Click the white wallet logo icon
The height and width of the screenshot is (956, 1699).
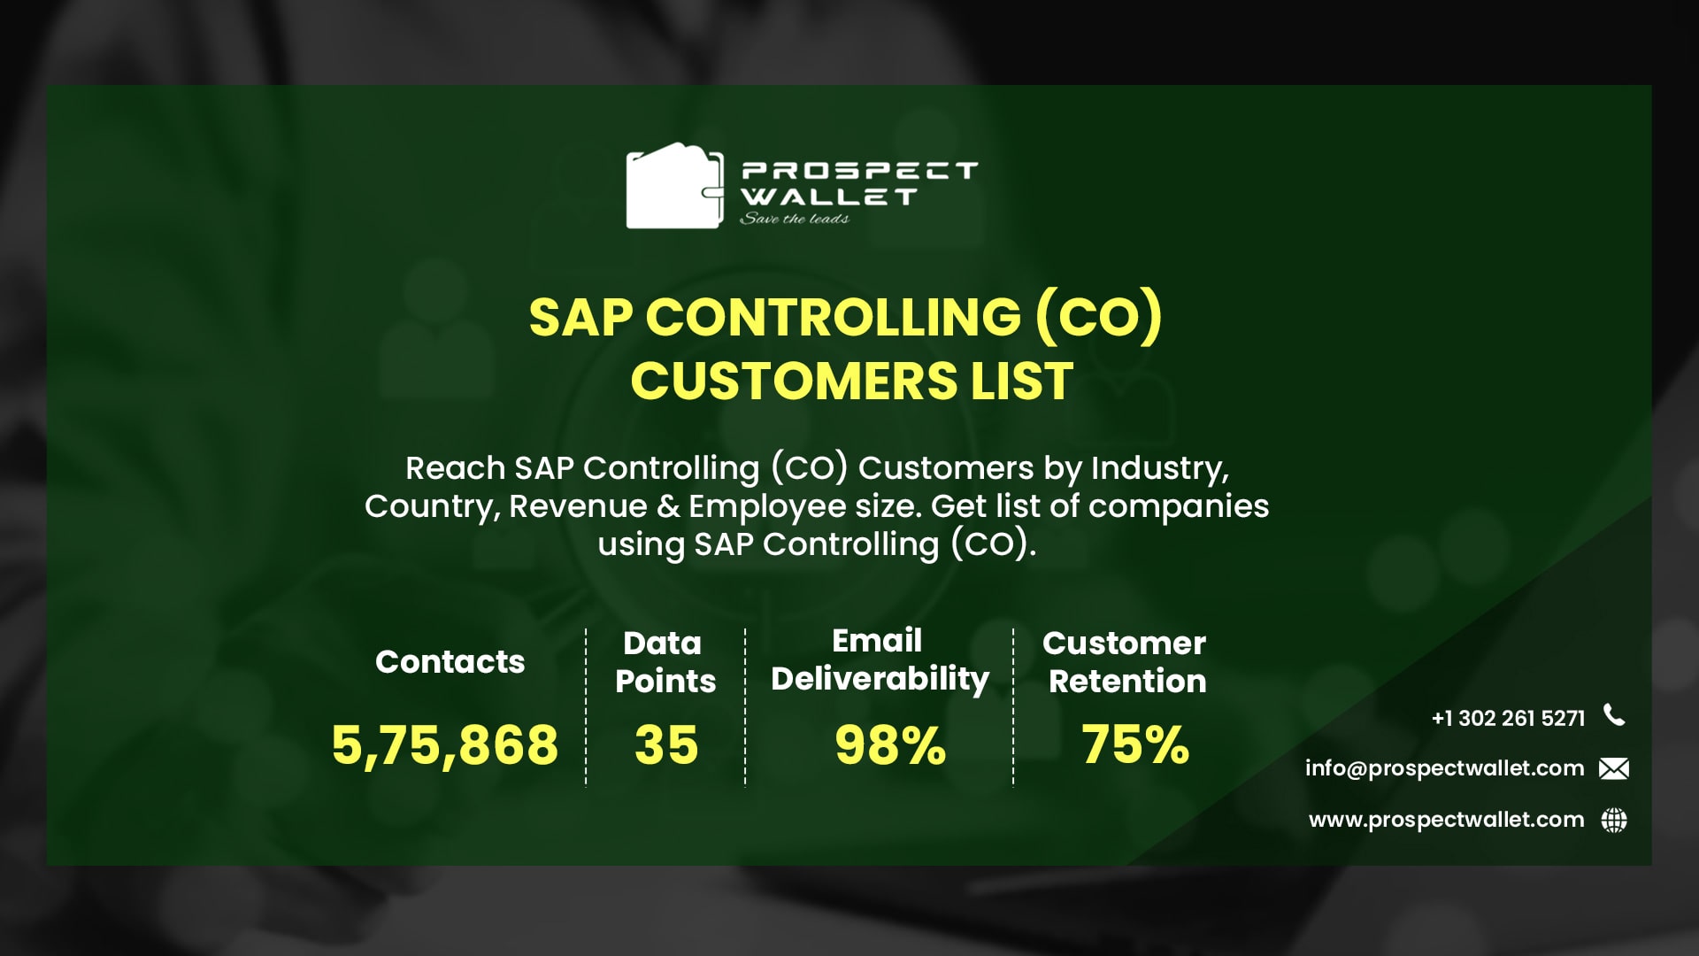673,186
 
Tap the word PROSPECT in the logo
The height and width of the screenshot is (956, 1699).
858,170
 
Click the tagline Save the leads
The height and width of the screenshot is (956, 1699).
794,219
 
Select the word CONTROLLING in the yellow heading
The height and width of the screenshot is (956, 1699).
833,317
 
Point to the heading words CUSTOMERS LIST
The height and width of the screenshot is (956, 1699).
851,381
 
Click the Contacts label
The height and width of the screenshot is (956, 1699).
450,661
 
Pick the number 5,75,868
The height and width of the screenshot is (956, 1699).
445,744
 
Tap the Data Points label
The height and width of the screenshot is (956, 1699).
665,661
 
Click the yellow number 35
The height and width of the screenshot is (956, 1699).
666,744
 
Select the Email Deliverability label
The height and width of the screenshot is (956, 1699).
880,659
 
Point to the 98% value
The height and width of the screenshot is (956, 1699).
890,744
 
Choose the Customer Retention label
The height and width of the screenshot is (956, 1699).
1125,661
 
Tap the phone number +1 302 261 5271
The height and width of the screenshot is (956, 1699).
1508,718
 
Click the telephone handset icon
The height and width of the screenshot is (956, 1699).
1614,715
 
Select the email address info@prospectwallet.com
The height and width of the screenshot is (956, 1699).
1444,767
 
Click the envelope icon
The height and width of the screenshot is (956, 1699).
1614,768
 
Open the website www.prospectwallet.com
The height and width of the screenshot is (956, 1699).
1446,820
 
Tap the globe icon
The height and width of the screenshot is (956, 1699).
1614,821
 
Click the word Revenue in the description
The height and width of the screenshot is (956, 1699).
578,505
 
